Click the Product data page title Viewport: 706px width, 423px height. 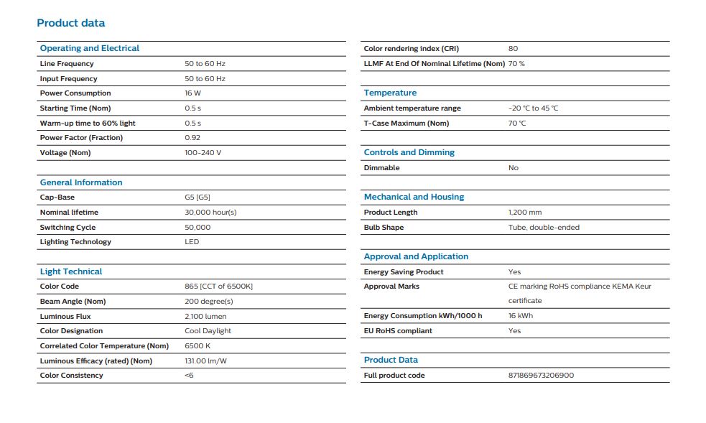click(70, 23)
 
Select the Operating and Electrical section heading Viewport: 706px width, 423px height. click(89, 48)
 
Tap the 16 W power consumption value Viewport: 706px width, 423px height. click(192, 93)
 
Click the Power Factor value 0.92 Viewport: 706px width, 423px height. click(192, 138)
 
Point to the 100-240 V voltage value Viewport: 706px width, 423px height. click(203, 153)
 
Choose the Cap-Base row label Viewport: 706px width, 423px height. click(57, 197)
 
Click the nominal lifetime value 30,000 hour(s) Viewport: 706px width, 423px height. click(210, 213)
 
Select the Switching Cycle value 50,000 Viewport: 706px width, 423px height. click(198, 228)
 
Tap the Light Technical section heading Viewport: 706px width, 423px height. click(70, 271)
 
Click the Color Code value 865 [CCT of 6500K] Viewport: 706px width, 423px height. click(218, 287)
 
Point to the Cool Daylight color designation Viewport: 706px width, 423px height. click(208, 331)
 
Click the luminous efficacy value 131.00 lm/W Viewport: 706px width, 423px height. click(205, 361)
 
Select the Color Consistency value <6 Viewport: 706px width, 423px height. click(189, 376)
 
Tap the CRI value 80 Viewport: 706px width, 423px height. click(513, 49)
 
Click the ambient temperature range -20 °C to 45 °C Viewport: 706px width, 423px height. click(533, 108)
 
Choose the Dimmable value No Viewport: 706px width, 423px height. click(513, 168)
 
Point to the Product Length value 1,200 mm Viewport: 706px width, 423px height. click(525, 213)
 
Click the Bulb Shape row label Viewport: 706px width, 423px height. click(384, 228)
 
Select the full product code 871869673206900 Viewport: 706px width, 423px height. click(541, 376)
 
